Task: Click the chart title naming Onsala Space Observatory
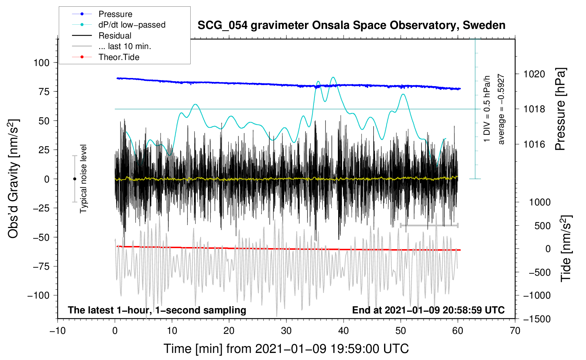click(x=351, y=25)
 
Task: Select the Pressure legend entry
click(x=115, y=14)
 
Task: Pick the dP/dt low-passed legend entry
click(x=132, y=25)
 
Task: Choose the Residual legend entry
click(x=115, y=36)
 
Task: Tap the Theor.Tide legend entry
click(x=119, y=57)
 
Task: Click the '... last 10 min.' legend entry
click(x=125, y=46)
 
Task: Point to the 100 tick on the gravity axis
click(x=41, y=63)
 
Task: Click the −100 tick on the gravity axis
click(x=38, y=295)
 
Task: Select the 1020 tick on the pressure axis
click(x=534, y=74)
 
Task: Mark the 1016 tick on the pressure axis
click(x=534, y=144)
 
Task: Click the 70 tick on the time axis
click(x=515, y=331)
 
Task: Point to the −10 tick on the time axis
click(x=58, y=331)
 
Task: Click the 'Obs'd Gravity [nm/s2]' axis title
click(x=13, y=179)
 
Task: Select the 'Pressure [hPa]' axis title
click(x=561, y=109)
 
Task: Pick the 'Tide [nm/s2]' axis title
click(x=566, y=248)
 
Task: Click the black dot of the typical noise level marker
click(x=74, y=179)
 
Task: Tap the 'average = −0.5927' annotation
click(x=501, y=109)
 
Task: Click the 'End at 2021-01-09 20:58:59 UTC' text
click(x=428, y=310)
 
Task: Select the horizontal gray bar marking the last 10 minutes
click(x=429, y=225)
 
